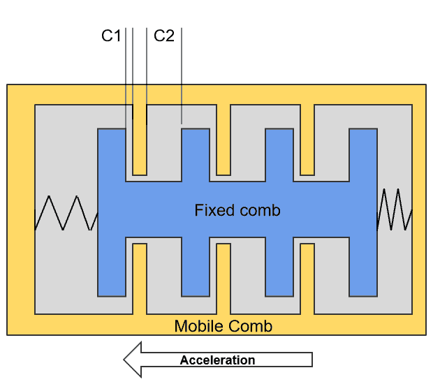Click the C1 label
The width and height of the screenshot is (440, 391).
pos(111,36)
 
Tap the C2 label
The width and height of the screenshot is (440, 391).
pos(163,36)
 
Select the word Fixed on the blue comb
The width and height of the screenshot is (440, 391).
pos(214,210)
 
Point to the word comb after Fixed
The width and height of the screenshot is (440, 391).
pos(259,210)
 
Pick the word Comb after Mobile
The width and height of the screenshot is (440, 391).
pos(248,326)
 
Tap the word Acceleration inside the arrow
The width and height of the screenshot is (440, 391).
pos(217,360)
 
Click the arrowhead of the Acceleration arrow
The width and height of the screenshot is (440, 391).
pos(133,360)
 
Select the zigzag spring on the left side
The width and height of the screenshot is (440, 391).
pos(66,213)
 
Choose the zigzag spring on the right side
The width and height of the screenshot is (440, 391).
pos(395,209)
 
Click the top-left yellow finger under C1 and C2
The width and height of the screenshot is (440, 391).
pos(140,140)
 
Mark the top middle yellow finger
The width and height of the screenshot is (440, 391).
pos(223,140)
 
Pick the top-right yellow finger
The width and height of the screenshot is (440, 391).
pos(307,140)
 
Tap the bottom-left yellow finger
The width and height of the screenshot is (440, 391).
pos(140,279)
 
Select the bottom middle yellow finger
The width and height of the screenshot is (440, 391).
pos(223,279)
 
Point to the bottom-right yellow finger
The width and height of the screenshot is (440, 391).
pos(307,279)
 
